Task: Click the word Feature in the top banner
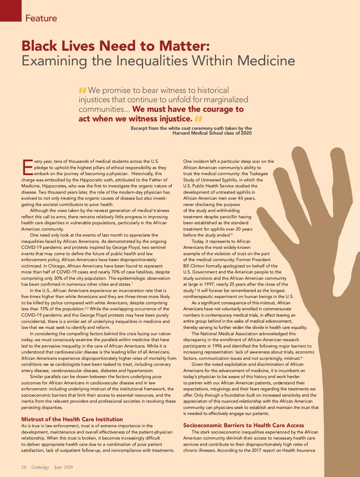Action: coord(41,18)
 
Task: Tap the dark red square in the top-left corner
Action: coord(11,10)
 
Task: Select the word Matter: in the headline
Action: coord(184,46)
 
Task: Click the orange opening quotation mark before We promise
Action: coord(82,90)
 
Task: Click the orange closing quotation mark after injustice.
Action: coord(198,119)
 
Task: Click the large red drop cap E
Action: coord(27,168)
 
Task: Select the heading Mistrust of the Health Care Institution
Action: coord(72,419)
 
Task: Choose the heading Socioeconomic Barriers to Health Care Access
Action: coord(244,425)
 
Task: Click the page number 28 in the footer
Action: coord(24,467)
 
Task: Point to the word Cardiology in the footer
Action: coord(40,467)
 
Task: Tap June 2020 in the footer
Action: coord(63,467)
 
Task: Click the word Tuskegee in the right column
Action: coord(259,174)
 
